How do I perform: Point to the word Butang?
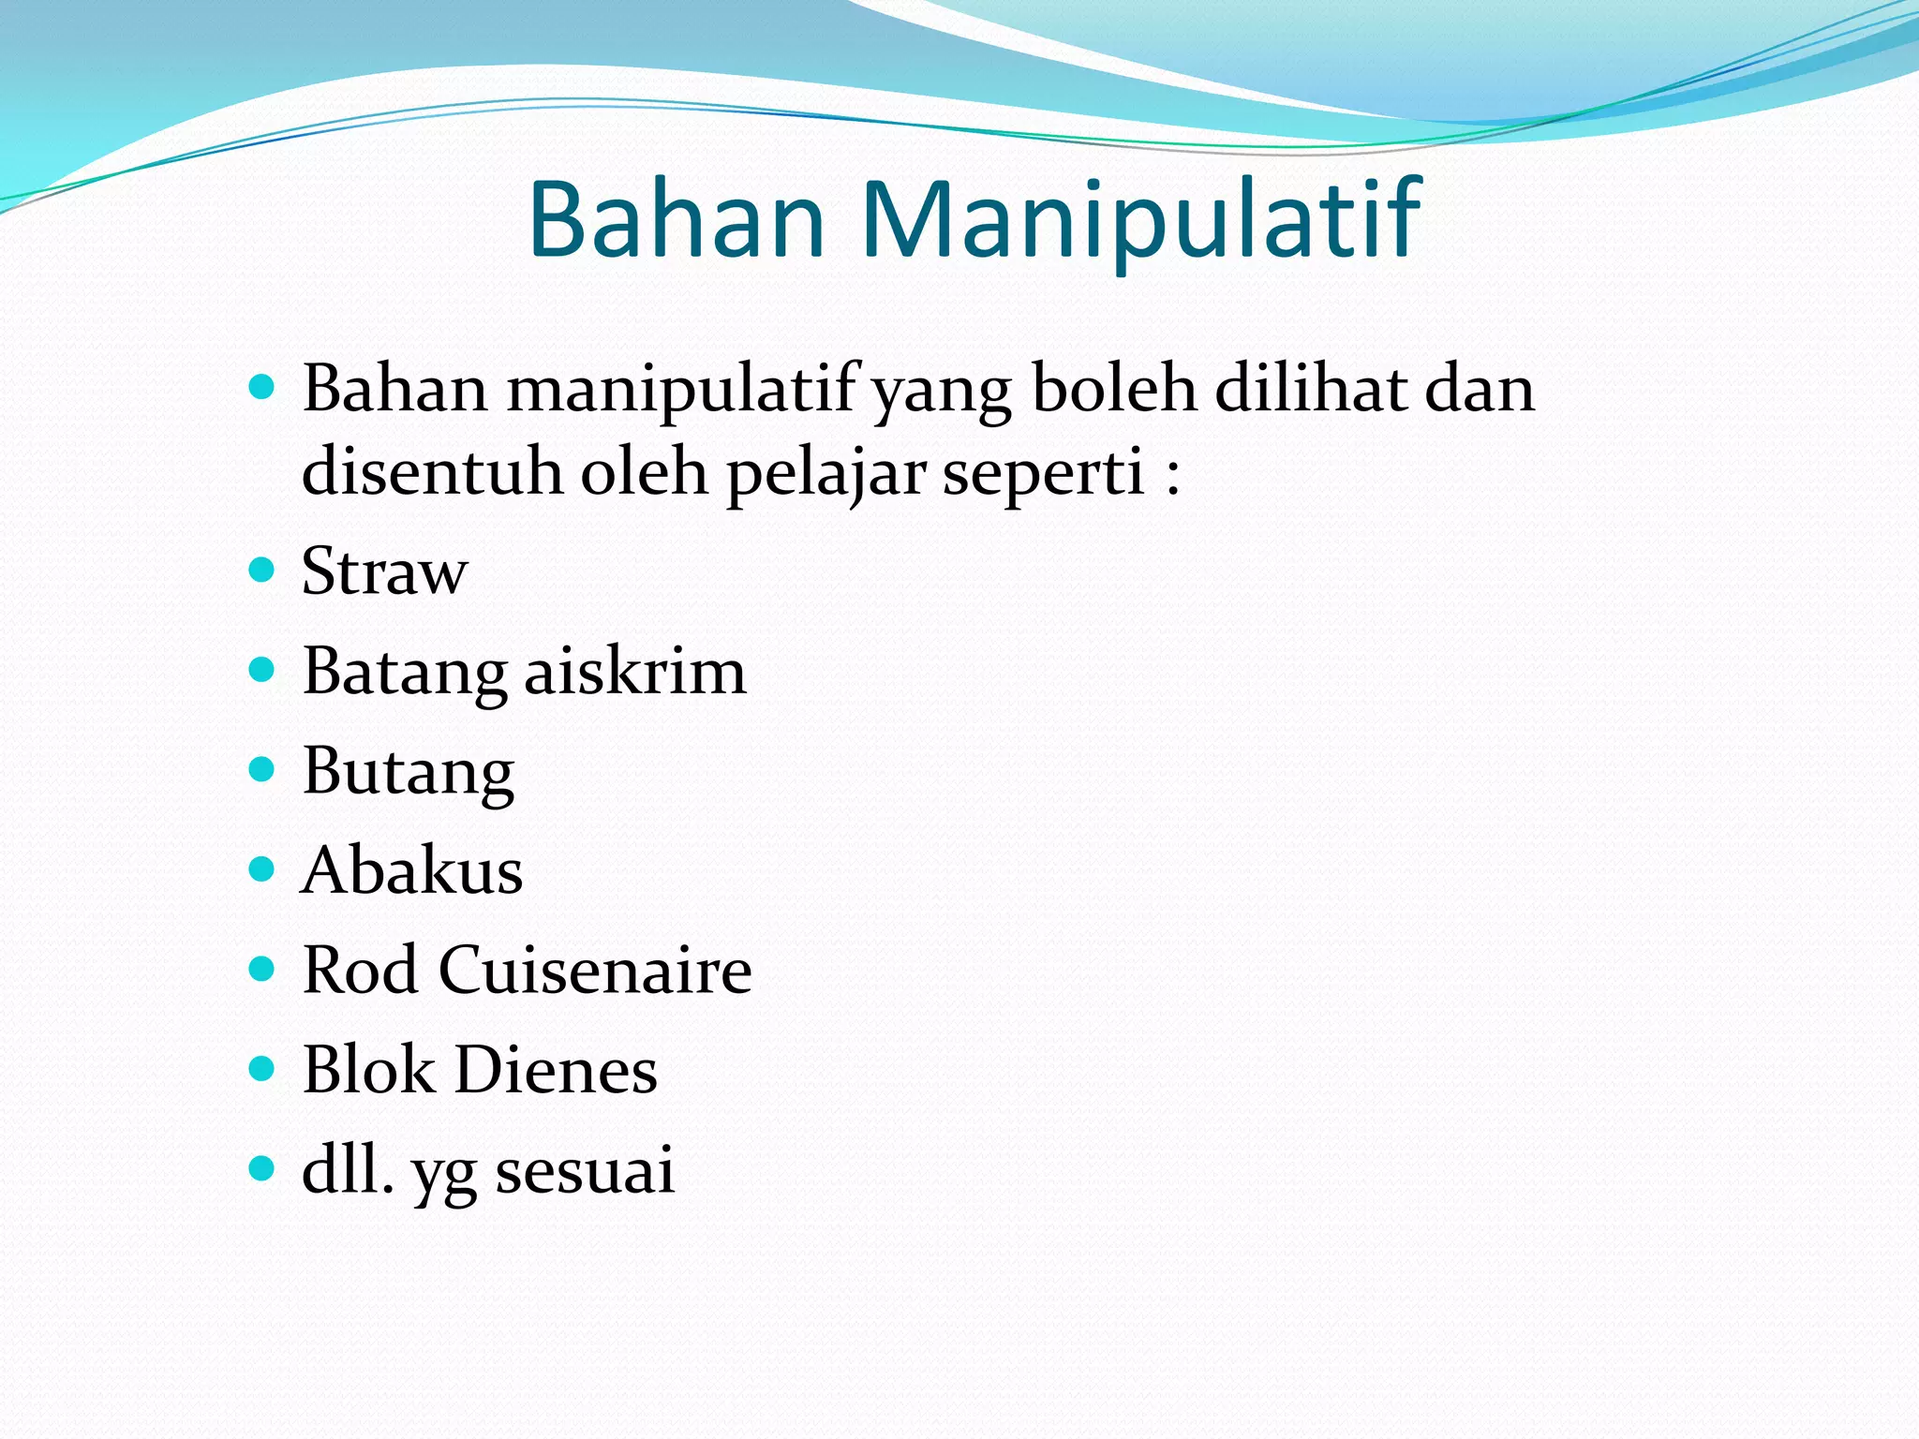coord(409,772)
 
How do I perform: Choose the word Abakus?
coord(412,870)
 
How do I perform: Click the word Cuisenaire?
coord(595,970)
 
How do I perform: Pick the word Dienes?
coord(556,1069)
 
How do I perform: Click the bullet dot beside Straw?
coord(262,570)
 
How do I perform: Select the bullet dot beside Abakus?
coord(262,869)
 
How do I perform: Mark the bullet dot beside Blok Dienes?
coord(262,1068)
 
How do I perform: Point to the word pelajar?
coord(826,471)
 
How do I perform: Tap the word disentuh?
coord(431,471)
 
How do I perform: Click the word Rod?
coord(360,970)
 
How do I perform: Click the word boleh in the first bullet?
coord(1113,388)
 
